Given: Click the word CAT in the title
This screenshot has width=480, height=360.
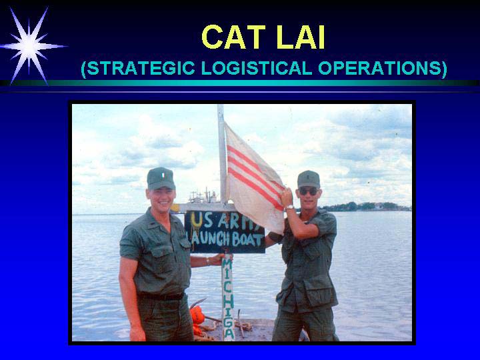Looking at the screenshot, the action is click(x=233, y=37).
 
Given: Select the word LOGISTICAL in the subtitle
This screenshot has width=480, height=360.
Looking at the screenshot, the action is click(x=257, y=68).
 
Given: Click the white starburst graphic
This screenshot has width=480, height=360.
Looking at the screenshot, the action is click(x=29, y=47).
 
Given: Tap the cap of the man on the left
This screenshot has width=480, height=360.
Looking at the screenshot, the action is click(x=161, y=178).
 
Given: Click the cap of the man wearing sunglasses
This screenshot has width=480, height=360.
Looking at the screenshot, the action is click(x=308, y=179).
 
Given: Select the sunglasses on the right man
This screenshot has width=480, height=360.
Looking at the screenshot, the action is click(x=308, y=192).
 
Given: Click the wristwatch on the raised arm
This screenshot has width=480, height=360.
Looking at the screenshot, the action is click(x=289, y=207).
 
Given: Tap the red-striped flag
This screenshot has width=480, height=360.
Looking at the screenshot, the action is click(x=254, y=177).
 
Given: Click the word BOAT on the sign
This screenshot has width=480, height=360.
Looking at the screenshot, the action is click(x=248, y=240).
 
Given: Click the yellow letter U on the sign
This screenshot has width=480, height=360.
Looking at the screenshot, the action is click(x=196, y=219).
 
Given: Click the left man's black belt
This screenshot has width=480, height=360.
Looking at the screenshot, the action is click(x=161, y=296).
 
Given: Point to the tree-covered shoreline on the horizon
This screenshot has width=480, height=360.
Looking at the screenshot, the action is click(x=366, y=207).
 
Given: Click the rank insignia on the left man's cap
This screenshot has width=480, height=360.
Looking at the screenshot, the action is click(x=163, y=175).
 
